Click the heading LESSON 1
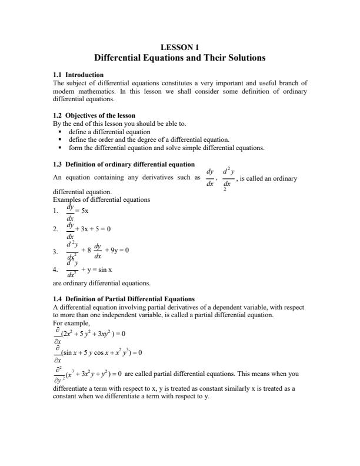point(180,47)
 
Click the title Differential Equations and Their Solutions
point(180,58)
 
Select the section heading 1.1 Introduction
point(78,75)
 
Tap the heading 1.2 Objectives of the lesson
point(94,116)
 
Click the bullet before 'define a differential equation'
point(61,132)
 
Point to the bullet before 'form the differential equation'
point(61,148)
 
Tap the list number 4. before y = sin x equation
point(55,269)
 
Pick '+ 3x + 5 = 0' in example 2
point(94,228)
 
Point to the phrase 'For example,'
point(69,322)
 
